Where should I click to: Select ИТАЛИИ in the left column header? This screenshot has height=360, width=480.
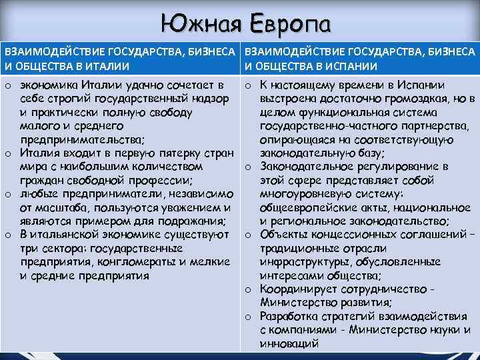[x=105, y=66]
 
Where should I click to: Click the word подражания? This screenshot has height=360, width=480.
[x=193, y=221]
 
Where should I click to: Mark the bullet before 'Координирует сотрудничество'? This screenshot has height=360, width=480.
[x=247, y=289]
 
